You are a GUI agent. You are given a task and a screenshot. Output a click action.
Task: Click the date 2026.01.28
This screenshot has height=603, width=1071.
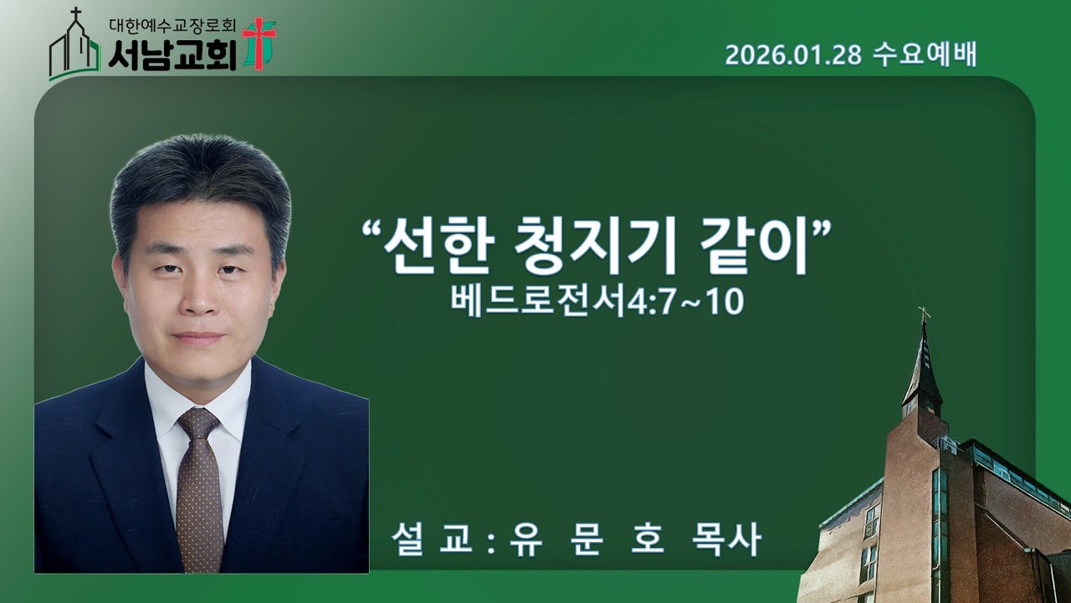tap(793, 55)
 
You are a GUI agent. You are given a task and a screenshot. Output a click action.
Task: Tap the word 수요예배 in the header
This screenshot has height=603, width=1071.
tap(924, 55)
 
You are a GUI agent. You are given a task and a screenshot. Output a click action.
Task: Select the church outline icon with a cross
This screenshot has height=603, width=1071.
tap(74, 49)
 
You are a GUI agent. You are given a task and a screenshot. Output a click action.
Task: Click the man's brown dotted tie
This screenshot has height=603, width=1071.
tap(200, 502)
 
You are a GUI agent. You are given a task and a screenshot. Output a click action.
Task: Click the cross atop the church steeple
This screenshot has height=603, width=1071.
tap(924, 314)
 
